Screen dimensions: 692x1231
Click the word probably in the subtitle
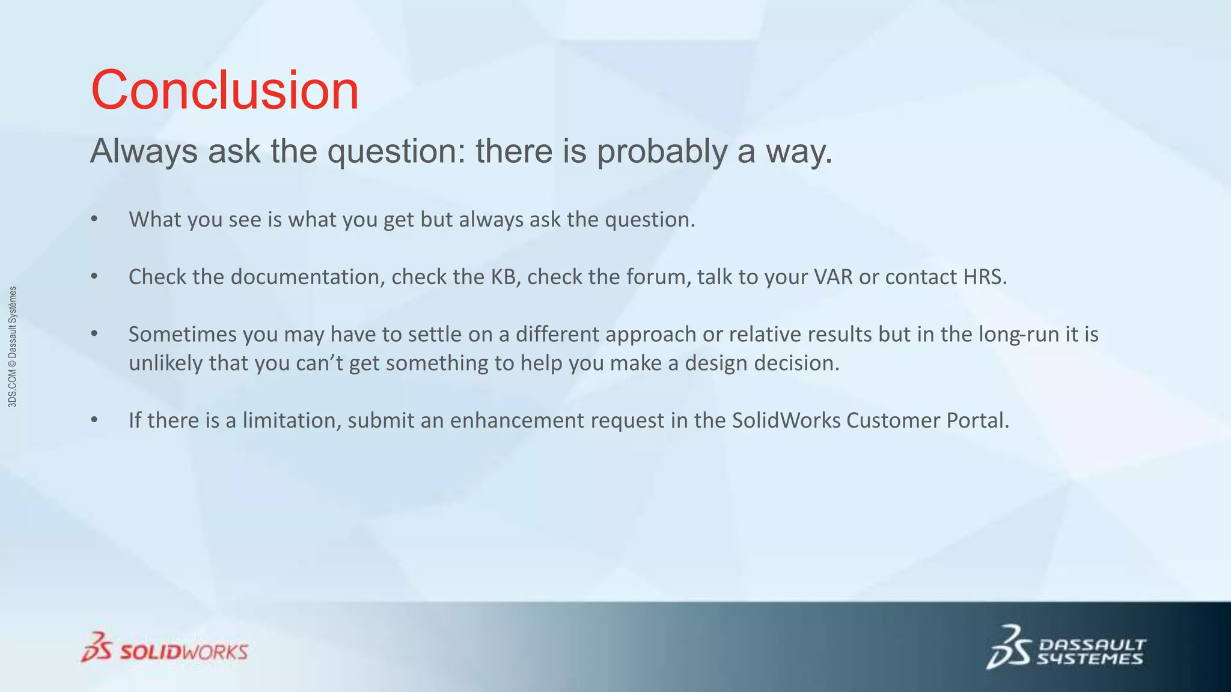(661, 151)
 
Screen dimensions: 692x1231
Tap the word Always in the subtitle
(144, 151)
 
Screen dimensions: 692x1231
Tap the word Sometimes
(182, 334)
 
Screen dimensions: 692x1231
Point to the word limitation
(292, 420)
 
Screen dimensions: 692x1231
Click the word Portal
(977, 420)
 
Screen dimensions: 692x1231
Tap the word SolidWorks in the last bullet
(786, 420)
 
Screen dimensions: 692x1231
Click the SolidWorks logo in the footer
(164, 648)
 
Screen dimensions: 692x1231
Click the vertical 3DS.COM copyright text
(13, 347)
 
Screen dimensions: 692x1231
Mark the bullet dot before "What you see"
(94, 219)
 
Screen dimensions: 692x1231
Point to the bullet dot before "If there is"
(94, 420)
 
